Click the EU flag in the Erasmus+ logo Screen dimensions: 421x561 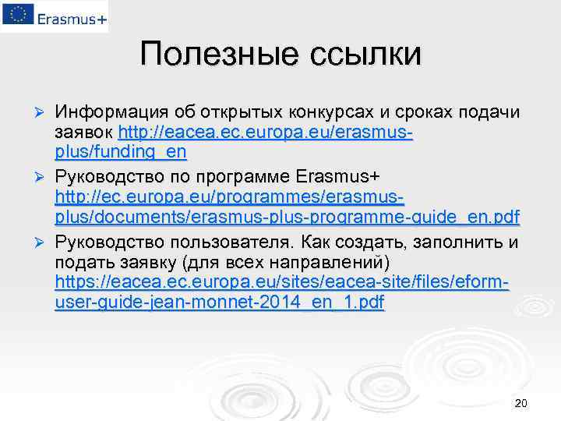coord(16,15)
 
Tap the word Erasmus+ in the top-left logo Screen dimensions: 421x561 coord(69,16)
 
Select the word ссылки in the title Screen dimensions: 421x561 coord(366,54)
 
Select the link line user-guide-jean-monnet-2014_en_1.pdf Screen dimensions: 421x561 coord(220,302)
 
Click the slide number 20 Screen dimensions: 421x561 coord(521,403)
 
